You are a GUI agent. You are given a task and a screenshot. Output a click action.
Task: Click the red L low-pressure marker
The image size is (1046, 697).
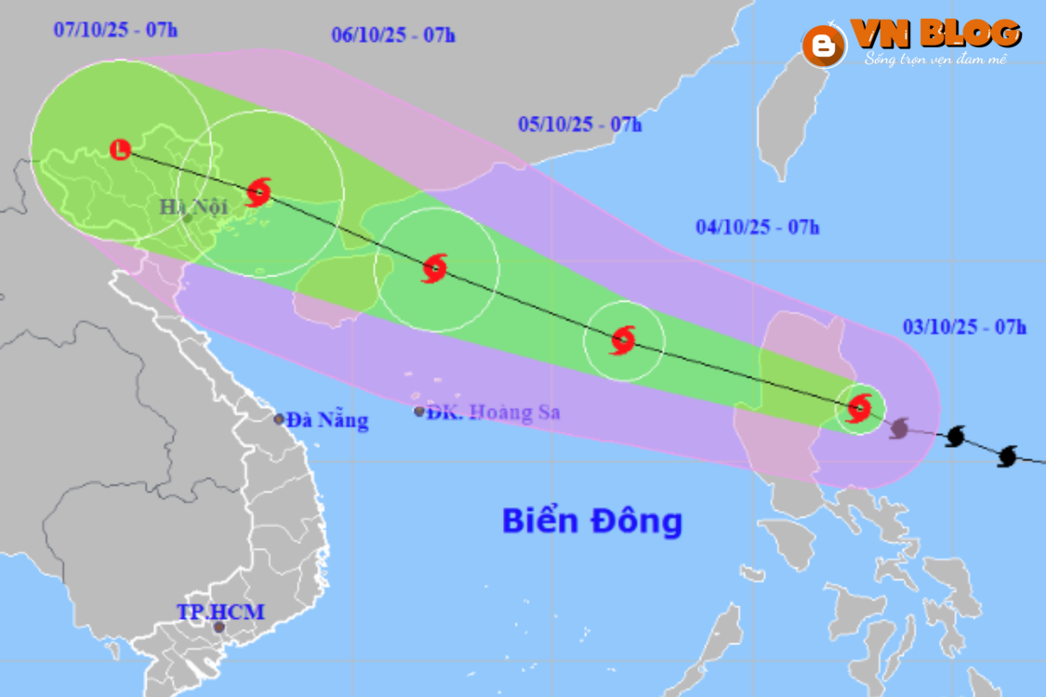(120, 149)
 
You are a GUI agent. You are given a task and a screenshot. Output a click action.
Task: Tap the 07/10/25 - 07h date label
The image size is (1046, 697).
(115, 29)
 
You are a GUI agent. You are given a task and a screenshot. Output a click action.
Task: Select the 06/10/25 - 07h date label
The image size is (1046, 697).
(392, 35)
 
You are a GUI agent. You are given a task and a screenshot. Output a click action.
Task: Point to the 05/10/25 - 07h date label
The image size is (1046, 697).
(579, 125)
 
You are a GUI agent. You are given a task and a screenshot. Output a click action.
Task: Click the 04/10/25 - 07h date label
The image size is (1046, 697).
(757, 227)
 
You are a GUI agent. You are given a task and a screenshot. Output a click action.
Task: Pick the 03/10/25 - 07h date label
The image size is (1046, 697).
(964, 326)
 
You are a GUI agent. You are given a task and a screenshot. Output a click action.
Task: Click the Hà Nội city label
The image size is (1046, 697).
(193, 206)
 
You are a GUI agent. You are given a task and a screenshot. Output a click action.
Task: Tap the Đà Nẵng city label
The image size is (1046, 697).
(327, 420)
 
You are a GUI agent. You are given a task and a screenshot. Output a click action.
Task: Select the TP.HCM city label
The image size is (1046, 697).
(220, 612)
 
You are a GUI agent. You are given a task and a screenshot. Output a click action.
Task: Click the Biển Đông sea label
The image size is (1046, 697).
(592, 520)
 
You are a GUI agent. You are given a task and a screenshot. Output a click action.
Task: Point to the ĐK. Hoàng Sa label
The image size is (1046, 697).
(494, 412)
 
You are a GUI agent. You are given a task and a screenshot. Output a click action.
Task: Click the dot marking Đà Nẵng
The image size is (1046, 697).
(279, 419)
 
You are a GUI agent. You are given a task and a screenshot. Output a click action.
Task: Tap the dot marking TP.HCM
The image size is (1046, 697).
(219, 627)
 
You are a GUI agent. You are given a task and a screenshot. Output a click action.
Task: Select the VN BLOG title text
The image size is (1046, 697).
(936, 33)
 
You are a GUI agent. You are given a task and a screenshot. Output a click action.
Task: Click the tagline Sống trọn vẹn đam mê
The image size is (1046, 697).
(934, 59)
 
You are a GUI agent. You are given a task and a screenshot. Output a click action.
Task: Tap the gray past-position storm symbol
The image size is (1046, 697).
(898, 428)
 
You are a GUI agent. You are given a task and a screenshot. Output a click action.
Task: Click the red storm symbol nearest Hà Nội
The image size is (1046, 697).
(258, 192)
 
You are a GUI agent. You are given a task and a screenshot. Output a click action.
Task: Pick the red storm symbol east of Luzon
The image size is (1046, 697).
(858, 407)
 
